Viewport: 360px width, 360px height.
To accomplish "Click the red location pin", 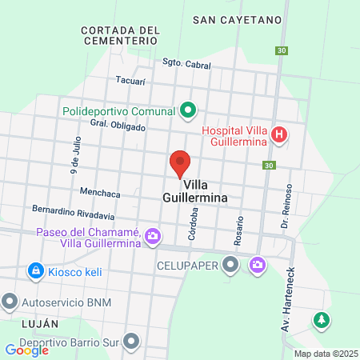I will (180, 164).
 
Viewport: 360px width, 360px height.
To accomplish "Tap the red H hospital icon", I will (279, 134).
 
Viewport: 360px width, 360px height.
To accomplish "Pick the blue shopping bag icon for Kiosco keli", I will (35, 272).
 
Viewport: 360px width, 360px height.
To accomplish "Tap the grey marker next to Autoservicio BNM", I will (10, 302).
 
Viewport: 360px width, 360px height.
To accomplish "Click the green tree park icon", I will (322, 319).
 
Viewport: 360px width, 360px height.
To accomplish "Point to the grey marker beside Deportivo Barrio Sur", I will (132, 342).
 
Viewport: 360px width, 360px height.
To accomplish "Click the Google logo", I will (27, 350).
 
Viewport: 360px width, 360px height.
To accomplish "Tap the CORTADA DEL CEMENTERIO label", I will (121, 34).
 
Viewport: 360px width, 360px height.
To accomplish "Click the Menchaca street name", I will (100, 193).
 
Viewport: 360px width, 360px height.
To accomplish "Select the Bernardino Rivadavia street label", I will (74, 212).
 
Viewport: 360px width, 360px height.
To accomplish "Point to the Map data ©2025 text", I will (325, 354).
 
